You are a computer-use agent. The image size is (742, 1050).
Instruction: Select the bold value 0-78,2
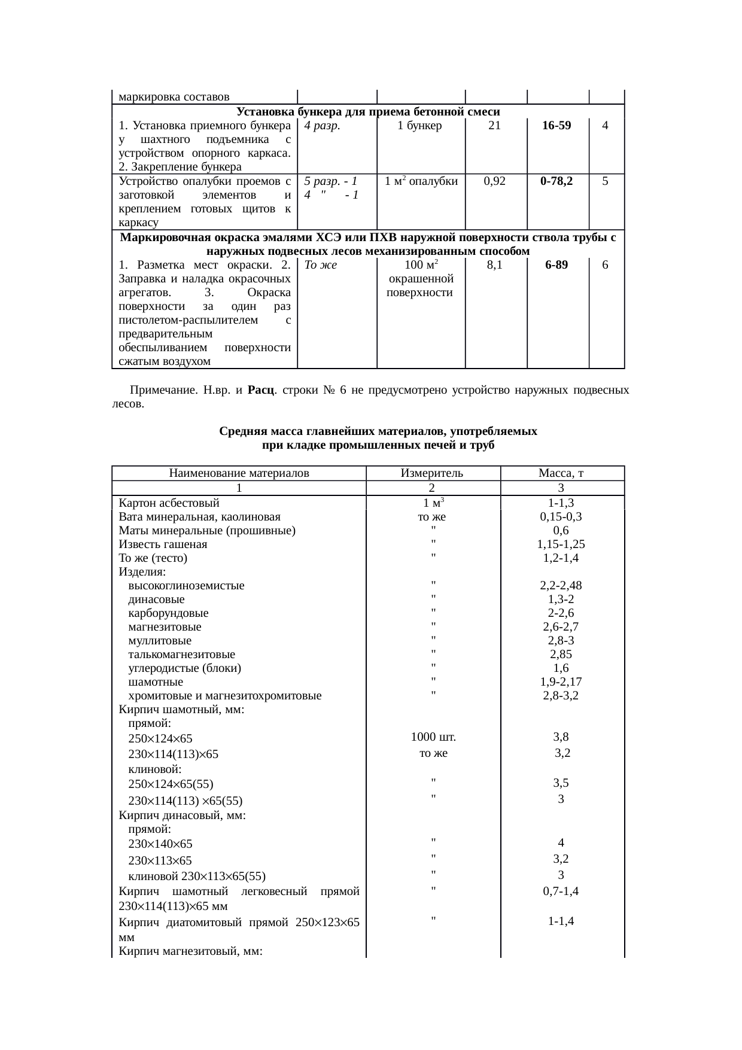click(x=556, y=181)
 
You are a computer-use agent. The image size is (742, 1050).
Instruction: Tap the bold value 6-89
click(x=556, y=265)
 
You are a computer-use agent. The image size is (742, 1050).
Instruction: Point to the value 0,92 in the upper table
click(x=495, y=181)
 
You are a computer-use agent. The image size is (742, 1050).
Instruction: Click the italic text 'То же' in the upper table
click(x=321, y=265)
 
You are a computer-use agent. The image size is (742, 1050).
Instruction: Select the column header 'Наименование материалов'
click(x=239, y=474)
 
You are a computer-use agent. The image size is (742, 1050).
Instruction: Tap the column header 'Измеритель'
click(x=432, y=474)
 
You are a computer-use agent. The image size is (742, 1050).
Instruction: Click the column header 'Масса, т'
click(x=561, y=474)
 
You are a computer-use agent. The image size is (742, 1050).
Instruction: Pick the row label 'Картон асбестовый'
click(x=169, y=503)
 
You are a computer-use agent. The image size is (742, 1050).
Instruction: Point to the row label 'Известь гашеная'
click(x=163, y=544)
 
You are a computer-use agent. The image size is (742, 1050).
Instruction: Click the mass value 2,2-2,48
click(x=561, y=586)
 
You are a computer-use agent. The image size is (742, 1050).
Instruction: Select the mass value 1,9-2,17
click(x=561, y=682)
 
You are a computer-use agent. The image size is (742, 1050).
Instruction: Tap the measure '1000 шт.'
click(x=433, y=736)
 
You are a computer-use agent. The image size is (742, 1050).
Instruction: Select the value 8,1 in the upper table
click(x=494, y=265)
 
